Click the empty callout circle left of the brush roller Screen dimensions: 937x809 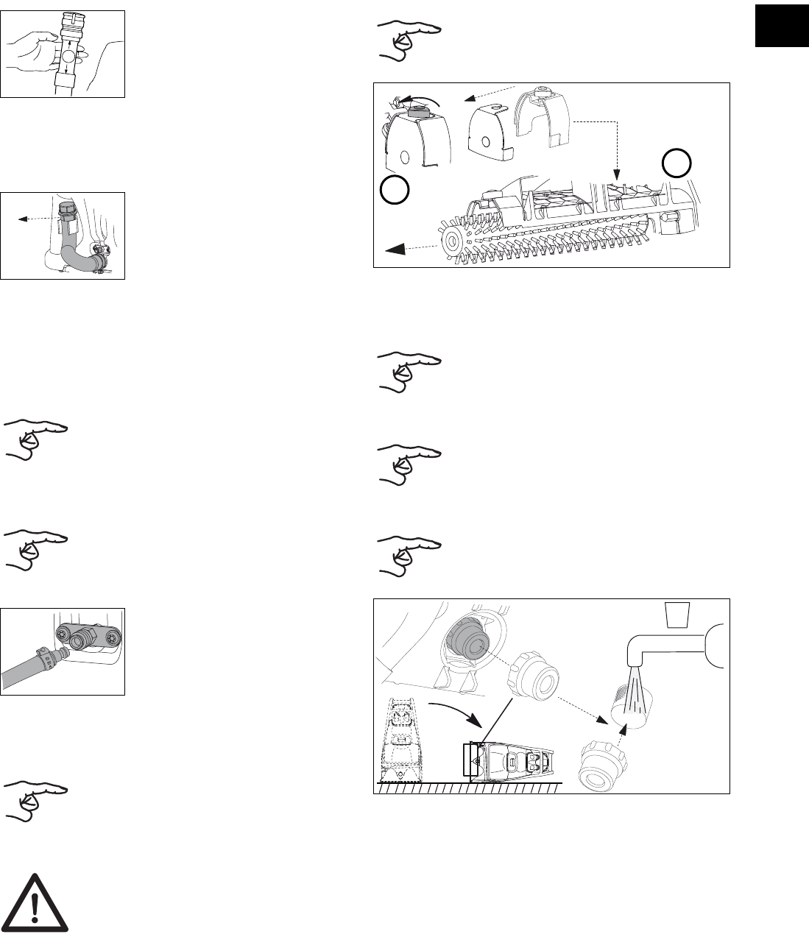coord(394,190)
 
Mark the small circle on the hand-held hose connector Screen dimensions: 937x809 coord(67,55)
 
